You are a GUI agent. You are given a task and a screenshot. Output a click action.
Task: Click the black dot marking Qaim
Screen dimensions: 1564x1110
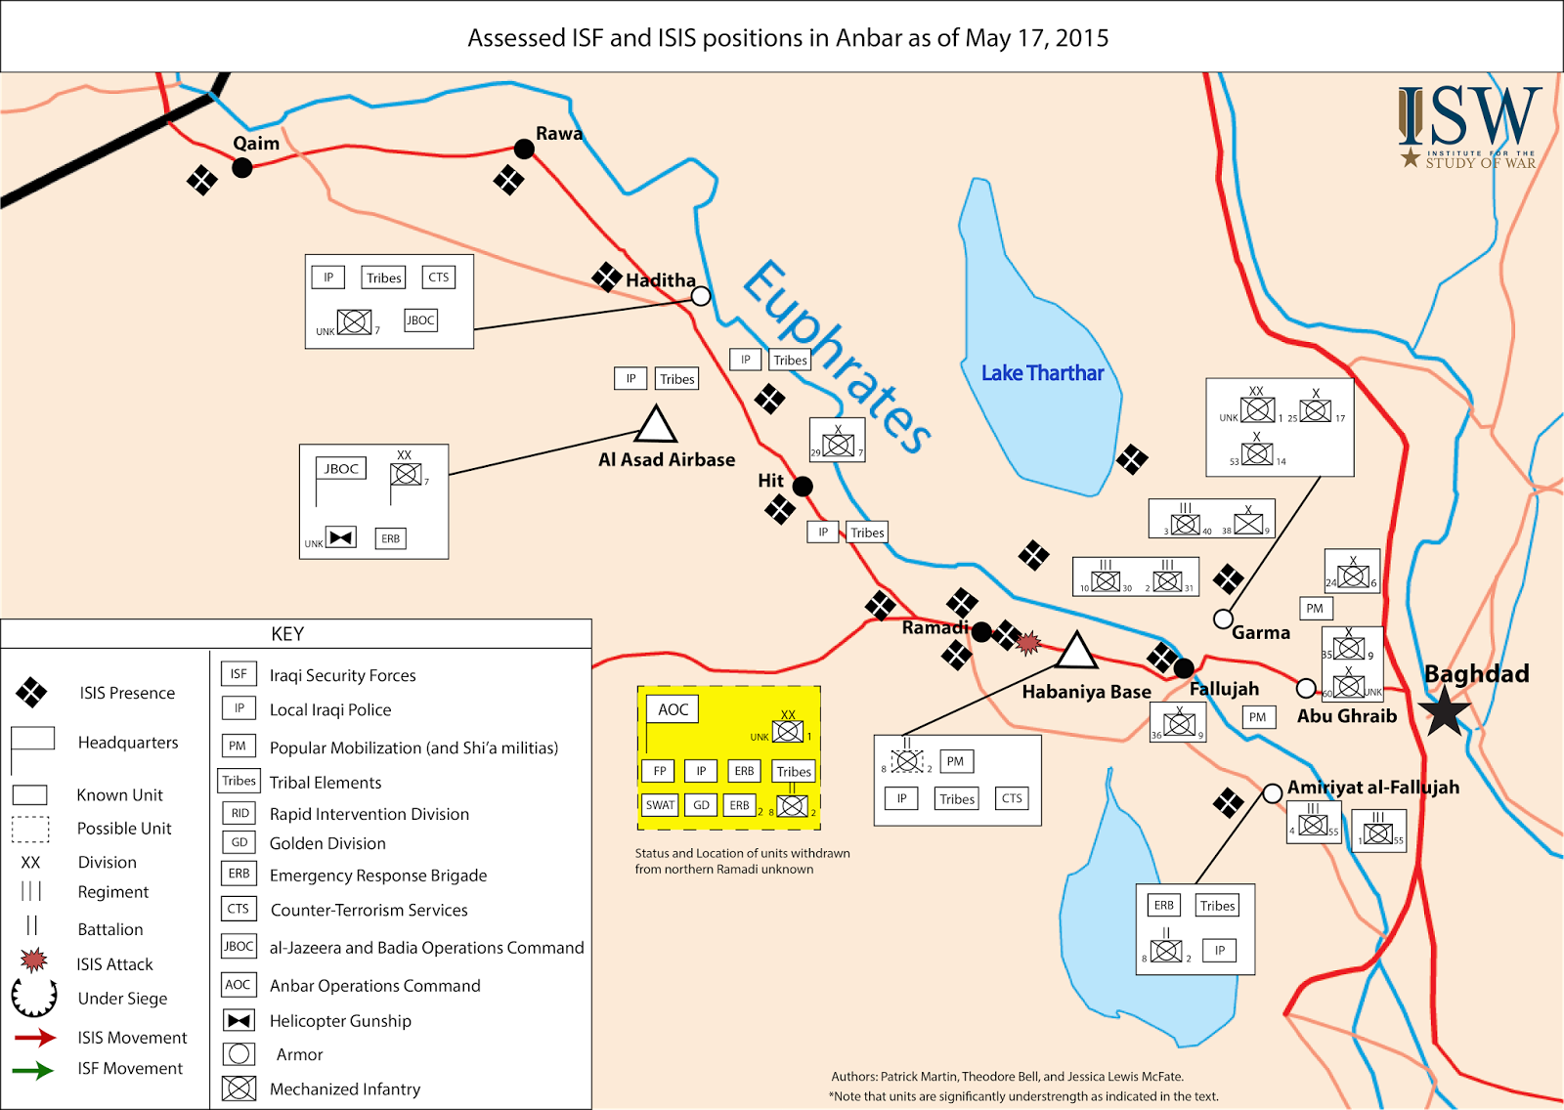click(x=242, y=168)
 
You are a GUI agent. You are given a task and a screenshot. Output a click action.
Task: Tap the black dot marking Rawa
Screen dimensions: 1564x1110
click(x=524, y=149)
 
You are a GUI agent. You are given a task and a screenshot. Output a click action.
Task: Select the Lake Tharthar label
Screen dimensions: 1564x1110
click(x=1042, y=373)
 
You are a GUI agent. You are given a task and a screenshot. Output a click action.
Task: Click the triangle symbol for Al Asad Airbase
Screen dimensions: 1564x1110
click(x=656, y=426)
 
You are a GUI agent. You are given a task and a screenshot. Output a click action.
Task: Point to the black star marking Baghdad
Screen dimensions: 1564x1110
click(x=1445, y=710)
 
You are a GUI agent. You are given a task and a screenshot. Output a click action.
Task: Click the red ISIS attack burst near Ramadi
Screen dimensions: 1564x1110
click(x=1027, y=642)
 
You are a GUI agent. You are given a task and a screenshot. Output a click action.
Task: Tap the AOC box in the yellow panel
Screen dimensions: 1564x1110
click(x=673, y=709)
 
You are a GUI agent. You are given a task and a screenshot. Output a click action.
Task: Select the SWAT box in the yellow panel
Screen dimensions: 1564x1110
click(x=660, y=805)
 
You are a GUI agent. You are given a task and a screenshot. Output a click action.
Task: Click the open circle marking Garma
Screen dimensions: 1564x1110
click(x=1223, y=619)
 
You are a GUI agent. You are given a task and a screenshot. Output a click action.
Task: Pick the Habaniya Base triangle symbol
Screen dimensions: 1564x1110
click(x=1076, y=652)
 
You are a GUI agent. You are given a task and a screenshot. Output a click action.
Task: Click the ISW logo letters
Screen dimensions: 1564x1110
click(x=1468, y=117)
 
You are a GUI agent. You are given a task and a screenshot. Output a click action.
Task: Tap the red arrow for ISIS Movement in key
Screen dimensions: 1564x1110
click(x=35, y=1038)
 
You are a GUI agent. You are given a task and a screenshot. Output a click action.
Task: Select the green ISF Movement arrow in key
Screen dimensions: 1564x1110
click(x=33, y=1070)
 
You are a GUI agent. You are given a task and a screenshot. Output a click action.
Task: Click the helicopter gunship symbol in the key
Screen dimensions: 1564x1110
click(x=239, y=1021)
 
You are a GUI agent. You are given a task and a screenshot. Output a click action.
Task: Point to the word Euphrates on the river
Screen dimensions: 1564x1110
click(x=836, y=358)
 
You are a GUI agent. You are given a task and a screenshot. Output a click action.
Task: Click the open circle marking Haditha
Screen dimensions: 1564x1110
click(x=701, y=296)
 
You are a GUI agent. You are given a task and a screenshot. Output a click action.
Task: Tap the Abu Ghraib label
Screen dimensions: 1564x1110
click(x=1346, y=716)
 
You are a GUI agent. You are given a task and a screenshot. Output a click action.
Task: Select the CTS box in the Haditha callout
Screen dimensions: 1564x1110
click(x=439, y=277)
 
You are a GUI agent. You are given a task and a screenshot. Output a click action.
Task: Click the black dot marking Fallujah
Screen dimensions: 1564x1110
click(x=1184, y=668)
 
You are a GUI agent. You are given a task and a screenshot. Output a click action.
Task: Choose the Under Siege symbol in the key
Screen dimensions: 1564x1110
click(x=33, y=998)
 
